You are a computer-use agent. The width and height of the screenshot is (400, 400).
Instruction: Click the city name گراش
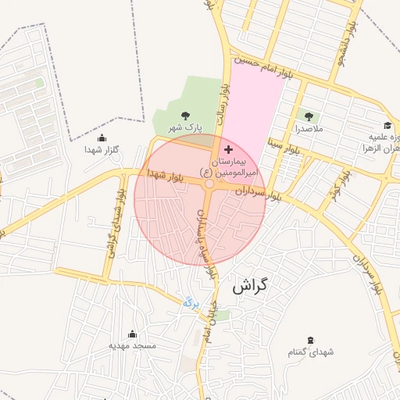click(x=250, y=286)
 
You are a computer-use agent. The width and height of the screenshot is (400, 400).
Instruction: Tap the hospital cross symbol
click(x=227, y=148)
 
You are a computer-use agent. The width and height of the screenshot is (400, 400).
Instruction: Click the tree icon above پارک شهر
click(x=185, y=115)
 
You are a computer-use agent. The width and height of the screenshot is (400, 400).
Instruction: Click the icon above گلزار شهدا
click(x=102, y=138)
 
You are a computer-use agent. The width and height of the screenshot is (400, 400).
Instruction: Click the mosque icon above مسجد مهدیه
click(x=132, y=334)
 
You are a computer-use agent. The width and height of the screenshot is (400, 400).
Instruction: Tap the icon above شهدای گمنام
click(x=312, y=340)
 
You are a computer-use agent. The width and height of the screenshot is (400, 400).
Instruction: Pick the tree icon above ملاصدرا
click(x=305, y=116)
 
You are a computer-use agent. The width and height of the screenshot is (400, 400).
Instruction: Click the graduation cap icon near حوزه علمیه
click(x=387, y=126)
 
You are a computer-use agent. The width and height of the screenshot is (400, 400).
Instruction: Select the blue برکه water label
click(x=191, y=300)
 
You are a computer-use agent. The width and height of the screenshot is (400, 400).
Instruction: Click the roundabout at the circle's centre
click(x=209, y=184)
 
